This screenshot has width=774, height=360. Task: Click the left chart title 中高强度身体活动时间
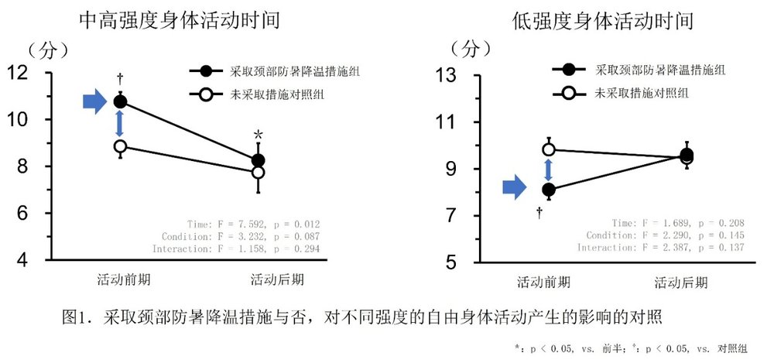pos(180,21)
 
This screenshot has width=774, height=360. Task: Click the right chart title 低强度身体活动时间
pos(603,21)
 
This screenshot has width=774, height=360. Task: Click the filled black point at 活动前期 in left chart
pos(120,101)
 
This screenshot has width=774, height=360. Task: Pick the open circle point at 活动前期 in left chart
pos(120,146)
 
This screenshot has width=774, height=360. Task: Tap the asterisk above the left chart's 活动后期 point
pos(258,135)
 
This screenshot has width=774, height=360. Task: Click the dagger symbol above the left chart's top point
pos(120,79)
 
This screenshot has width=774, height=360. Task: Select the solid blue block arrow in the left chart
pos(94,101)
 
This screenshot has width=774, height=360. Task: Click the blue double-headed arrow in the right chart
pos(548,170)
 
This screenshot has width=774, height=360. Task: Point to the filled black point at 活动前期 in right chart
pos(549,190)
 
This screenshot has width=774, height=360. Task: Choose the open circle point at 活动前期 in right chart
pos(549,149)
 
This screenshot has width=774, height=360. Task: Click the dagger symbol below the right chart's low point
pos(539,214)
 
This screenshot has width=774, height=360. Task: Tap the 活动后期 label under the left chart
pos(277,280)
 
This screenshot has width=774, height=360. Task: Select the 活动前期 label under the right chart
pos(543,282)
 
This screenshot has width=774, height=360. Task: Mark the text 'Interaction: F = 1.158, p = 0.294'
pos(236,249)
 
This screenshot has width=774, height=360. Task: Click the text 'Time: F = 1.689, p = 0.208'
pos(678,224)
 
